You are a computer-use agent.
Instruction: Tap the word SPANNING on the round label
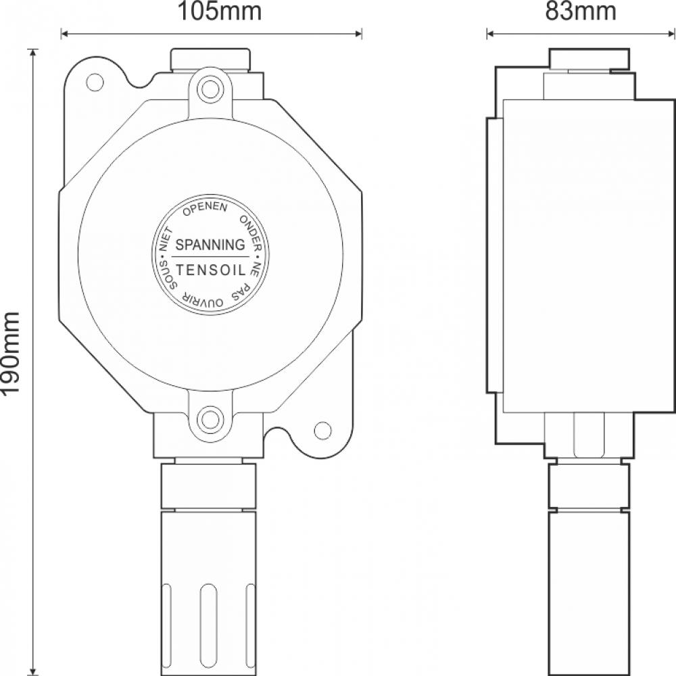click(x=210, y=245)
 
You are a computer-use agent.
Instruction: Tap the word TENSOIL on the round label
click(x=210, y=270)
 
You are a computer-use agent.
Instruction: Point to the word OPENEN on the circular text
click(x=206, y=208)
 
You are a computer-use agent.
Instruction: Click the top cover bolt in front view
click(x=210, y=89)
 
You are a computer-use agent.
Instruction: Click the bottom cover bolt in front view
click(x=210, y=419)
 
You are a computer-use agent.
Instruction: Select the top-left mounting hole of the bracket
click(x=95, y=82)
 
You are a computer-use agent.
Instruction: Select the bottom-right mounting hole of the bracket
click(x=323, y=430)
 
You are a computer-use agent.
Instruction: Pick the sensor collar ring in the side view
click(x=589, y=485)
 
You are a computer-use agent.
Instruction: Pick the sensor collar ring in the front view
click(x=209, y=485)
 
